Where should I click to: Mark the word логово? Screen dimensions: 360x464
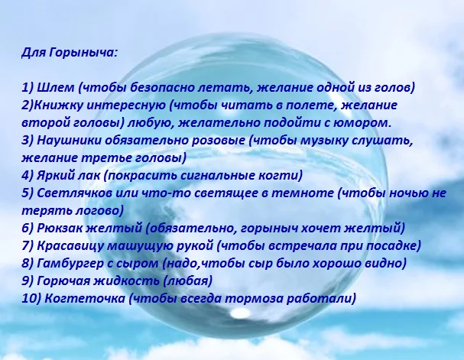pos(85,210)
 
